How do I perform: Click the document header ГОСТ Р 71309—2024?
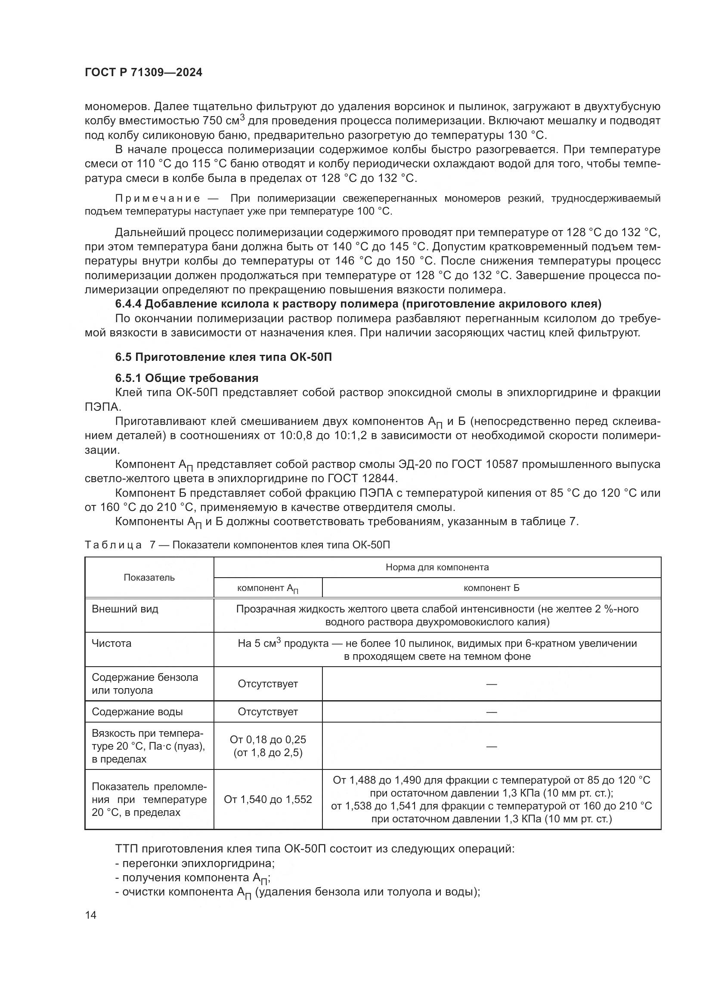tap(143, 73)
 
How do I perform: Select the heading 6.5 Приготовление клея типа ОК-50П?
tap(223, 357)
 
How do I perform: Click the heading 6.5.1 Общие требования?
tap(187, 378)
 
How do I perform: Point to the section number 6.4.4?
tap(128, 304)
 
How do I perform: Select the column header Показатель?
tap(149, 577)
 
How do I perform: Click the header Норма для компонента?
tap(437, 567)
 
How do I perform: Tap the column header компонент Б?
tap(492, 588)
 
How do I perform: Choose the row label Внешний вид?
tap(125, 609)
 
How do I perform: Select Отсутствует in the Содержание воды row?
tap(268, 711)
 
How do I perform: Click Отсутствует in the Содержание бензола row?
tap(268, 683)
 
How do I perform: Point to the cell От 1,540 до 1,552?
tap(268, 799)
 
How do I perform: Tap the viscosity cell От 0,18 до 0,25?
tap(268, 740)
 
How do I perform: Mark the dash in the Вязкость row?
tap(492, 746)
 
